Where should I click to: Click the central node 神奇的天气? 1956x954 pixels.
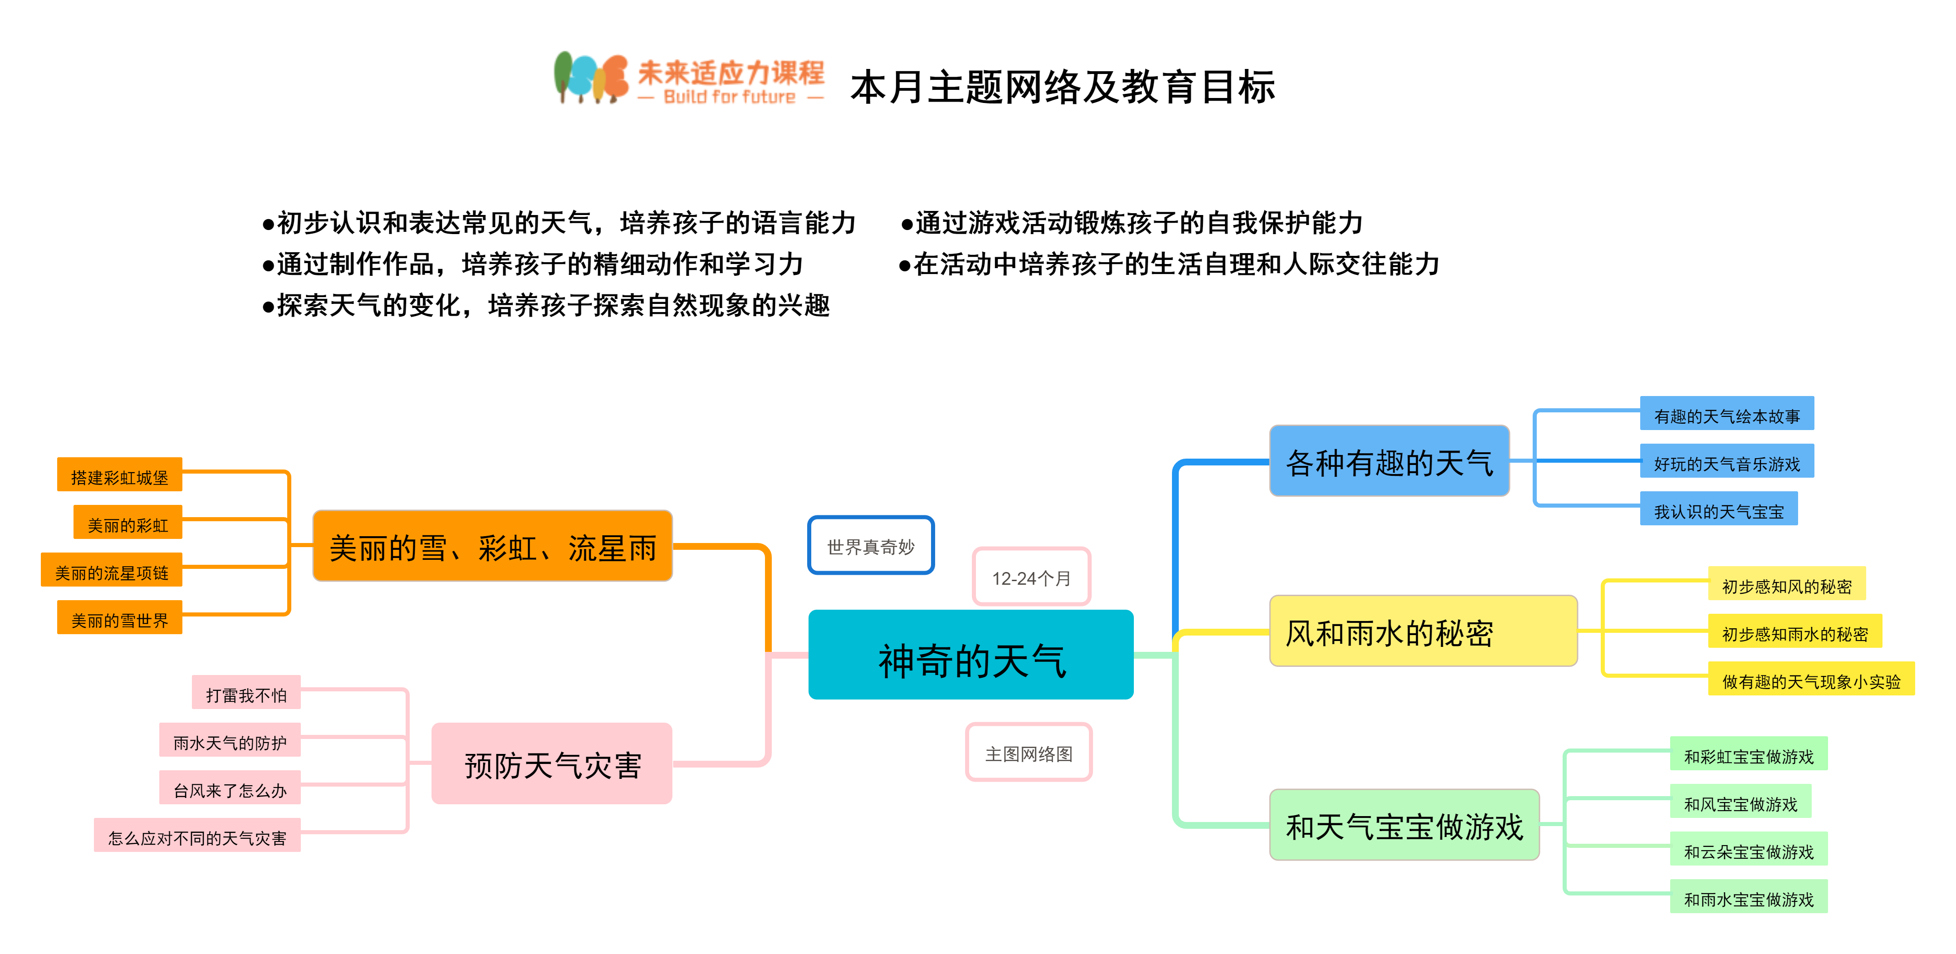coord(971,654)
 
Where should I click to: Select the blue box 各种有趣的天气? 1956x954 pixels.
coord(1389,461)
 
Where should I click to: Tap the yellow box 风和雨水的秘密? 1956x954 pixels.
coord(1422,631)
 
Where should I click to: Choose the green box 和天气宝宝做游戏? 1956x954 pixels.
coord(1404,825)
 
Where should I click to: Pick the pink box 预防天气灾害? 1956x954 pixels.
coord(552,763)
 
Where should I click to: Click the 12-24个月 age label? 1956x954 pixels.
coord(1031,577)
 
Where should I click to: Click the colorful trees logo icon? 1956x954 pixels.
coord(590,78)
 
